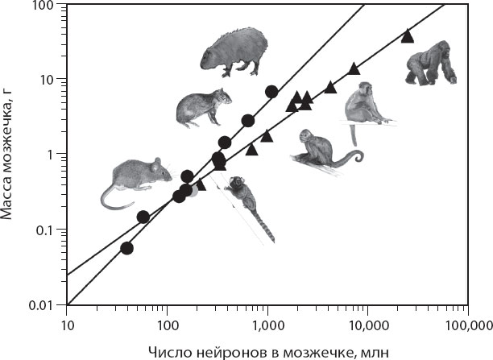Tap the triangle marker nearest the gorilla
tap(407, 35)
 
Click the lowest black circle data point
tap(126, 248)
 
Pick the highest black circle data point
tap(271, 91)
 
